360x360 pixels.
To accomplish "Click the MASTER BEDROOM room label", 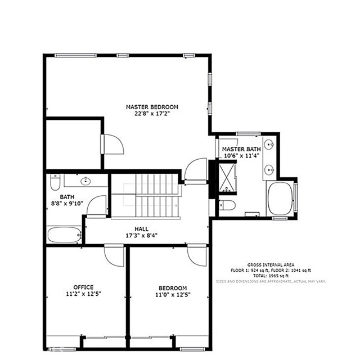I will pos(152,106).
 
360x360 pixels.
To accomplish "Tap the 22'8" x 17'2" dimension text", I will pos(152,114).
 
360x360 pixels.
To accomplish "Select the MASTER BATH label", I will pos(240,148).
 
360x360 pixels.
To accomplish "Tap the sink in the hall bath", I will pos(85,181).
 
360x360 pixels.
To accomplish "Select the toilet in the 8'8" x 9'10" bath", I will pos(55,183).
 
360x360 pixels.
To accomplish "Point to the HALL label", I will pos(141,229).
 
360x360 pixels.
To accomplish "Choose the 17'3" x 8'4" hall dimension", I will pos(141,236).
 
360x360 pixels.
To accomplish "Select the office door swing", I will pos(114,256).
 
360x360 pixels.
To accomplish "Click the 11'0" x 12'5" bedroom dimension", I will pos(172,294).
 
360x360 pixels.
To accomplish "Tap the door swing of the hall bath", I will pos(97,205).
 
